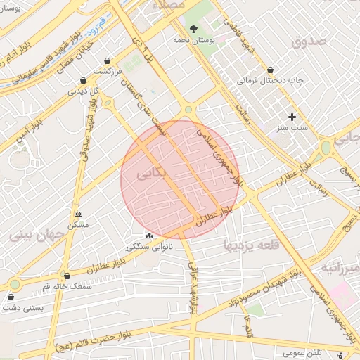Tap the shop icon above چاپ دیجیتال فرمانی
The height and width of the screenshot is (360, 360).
click(x=271, y=70)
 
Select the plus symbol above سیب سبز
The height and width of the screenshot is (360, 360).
click(x=292, y=117)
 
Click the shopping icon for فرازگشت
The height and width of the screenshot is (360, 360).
click(x=107, y=61)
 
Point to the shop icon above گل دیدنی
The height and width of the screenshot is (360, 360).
click(x=84, y=80)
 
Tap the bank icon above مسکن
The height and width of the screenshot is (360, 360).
click(x=78, y=214)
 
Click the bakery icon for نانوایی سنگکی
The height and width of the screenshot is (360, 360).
click(x=149, y=236)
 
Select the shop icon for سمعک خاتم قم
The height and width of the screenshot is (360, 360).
click(x=67, y=276)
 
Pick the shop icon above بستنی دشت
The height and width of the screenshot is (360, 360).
click(x=11, y=297)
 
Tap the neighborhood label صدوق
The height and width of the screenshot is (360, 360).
click(x=309, y=41)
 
